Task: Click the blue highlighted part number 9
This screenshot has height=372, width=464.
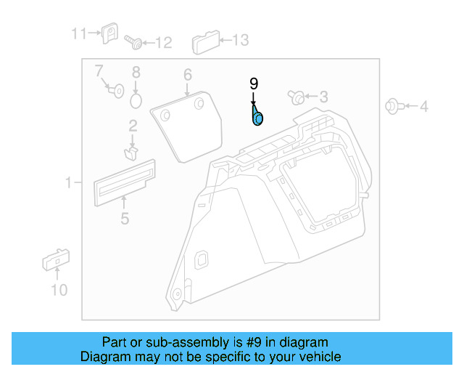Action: [257, 117]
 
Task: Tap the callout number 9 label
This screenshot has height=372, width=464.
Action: [254, 84]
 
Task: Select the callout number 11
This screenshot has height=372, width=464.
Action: [78, 33]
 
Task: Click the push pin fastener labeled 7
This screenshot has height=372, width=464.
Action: [115, 90]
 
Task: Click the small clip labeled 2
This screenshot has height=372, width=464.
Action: [131, 152]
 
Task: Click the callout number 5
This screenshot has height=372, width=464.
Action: [125, 218]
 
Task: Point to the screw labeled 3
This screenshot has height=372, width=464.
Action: [297, 97]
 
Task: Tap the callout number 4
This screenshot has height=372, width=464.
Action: [424, 107]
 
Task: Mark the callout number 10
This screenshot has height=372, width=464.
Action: [59, 291]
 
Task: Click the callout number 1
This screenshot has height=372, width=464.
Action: [69, 183]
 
